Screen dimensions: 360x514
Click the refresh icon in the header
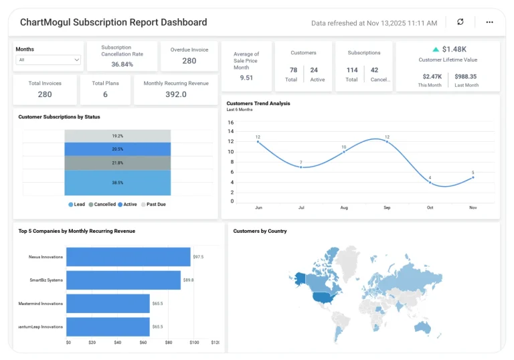(x=460, y=22)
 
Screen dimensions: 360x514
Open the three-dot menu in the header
(x=489, y=22)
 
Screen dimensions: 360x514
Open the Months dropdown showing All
(x=49, y=60)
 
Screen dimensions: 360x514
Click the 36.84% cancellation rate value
(x=122, y=64)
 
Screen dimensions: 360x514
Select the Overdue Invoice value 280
(x=189, y=61)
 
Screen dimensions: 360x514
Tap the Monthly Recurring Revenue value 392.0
(x=176, y=95)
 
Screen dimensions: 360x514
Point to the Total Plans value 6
(x=105, y=95)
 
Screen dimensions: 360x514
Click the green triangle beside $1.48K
(x=436, y=50)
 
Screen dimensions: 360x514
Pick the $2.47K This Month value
(x=432, y=77)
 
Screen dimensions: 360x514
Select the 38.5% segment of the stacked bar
(x=118, y=182)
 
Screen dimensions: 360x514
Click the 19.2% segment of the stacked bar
(x=118, y=136)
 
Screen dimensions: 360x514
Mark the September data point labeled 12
(x=387, y=141)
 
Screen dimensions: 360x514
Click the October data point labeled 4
(x=430, y=181)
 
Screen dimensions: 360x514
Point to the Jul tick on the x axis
(x=301, y=208)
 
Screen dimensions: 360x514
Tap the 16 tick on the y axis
(x=231, y=122)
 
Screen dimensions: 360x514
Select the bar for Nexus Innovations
(x=128, y=257)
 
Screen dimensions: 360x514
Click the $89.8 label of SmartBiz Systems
(x=188, y=280)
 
